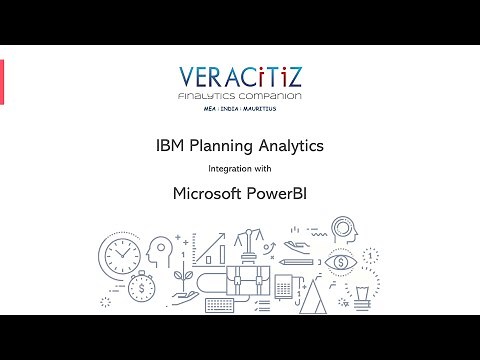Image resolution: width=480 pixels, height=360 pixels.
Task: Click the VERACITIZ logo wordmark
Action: tap(239, 77)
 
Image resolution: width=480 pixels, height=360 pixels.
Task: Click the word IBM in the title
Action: tap(172, 146)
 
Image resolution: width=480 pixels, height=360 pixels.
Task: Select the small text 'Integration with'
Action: tap(239, 169)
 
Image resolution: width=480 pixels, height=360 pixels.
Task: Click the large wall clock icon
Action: tap(121, 256)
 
